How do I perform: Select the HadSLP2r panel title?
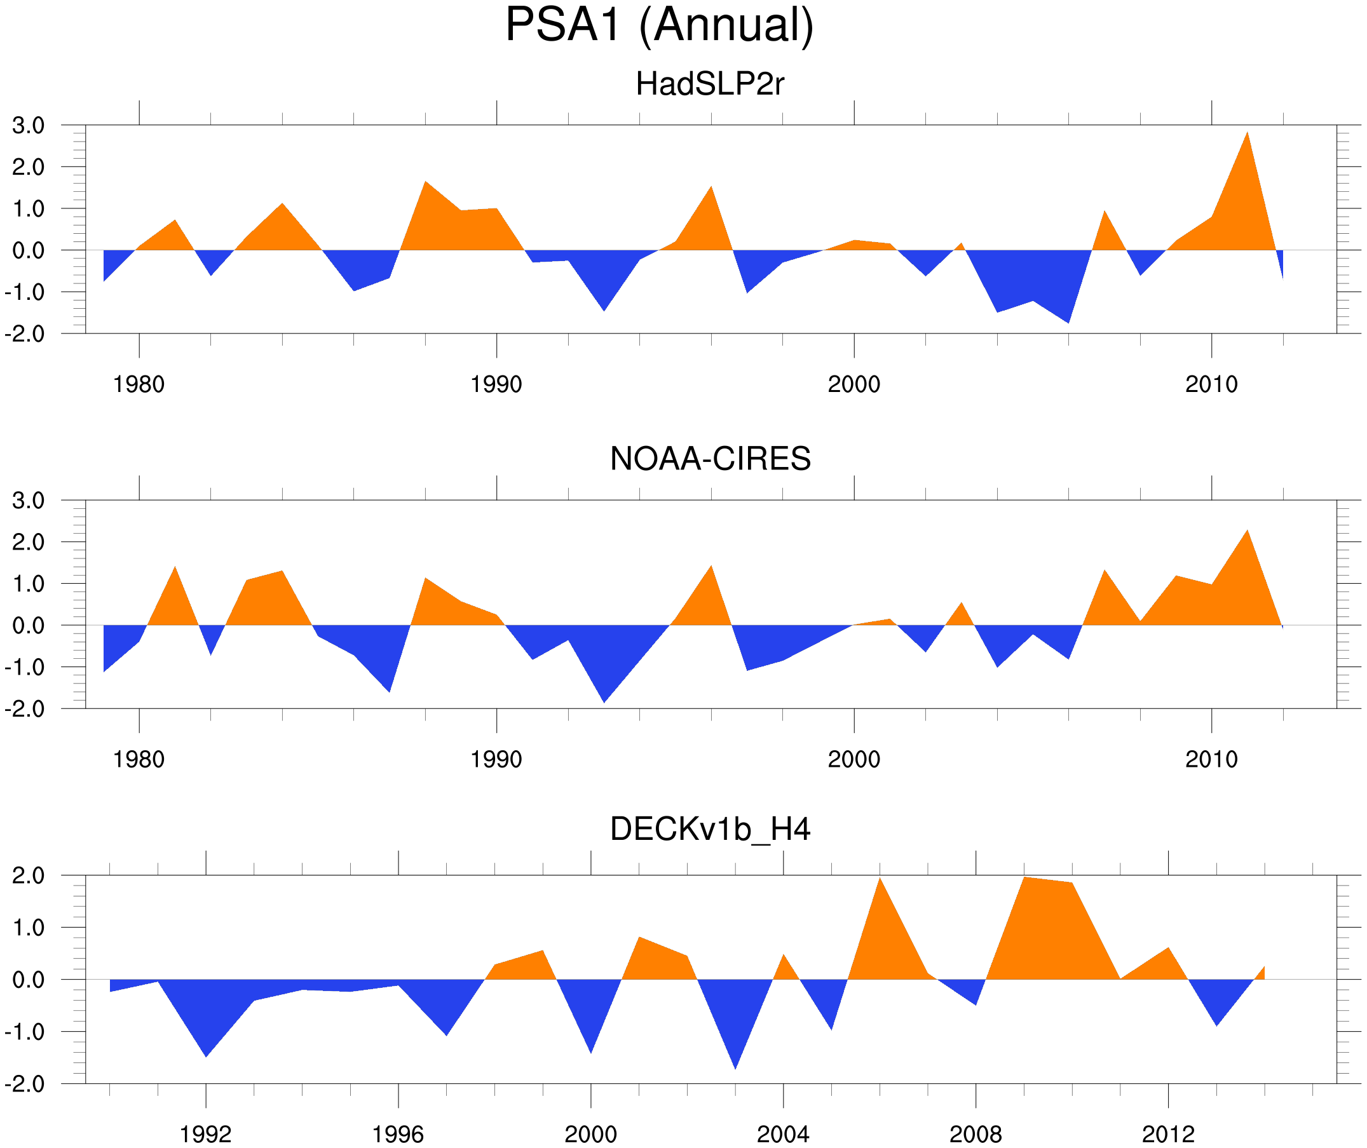pyautogui.click(x=709, y=84)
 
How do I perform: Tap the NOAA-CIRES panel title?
pyautogui.click(x=710, y=459)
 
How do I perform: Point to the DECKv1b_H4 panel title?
pyautogui.click(x=709, y=830)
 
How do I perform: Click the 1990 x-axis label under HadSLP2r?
pyautogui.click(x=496, y=384)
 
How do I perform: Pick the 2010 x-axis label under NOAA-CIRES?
pyautogui.click(x=1211, y=759)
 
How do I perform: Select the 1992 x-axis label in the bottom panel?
pyautogui.click(x=206, y=1134)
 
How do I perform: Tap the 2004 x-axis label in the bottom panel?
pyautogui.click(x=782, y=1134)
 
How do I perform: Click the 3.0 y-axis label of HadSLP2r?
pyautogui.click(x=28, y=126)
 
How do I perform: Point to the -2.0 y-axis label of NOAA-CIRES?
pyautogui.click(x=25, y=710)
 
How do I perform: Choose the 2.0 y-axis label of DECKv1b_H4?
pyautogui.click(x=28, y=876)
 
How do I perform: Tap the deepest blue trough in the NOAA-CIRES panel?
pyautogui.click(x=604, y=700)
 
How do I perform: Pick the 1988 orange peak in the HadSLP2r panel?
pyautogui.click(x=425, y=184)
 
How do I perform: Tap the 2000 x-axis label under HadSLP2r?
pyautogui.click(x=854, y=384)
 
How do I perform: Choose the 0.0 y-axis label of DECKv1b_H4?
pyautogui.click(x=28, y=980)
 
